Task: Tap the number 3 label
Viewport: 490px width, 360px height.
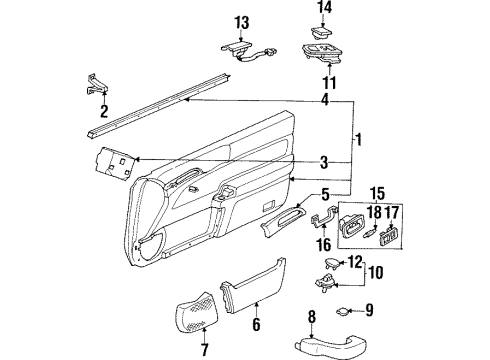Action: (322, 161)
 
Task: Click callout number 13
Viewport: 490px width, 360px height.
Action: (241, 22)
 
